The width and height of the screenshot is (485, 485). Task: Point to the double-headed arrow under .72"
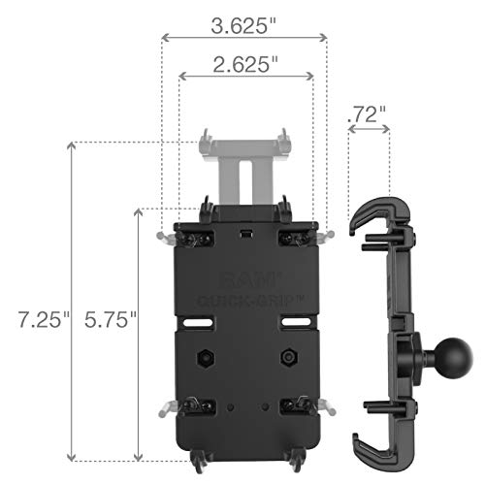point(369,131)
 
